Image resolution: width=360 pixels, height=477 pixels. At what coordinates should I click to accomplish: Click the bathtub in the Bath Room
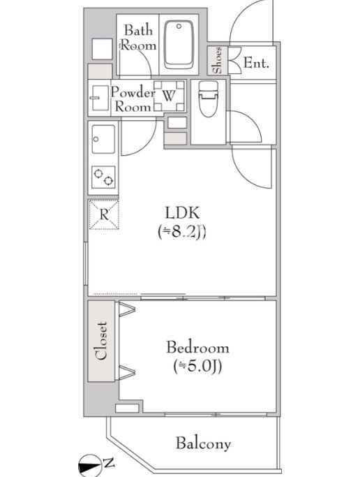point(179,45)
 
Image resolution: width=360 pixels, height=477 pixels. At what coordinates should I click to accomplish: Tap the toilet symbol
point(208,98)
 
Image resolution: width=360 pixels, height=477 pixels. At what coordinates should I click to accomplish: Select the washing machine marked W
point(169,96)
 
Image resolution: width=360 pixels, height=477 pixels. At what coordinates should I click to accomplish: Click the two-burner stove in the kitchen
point(103,177)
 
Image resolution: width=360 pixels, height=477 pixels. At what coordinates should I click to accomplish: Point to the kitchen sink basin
point(103,139)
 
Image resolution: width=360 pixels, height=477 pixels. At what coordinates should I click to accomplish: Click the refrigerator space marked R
point(104,215)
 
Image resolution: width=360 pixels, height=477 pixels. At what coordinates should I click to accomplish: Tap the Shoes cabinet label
point(218,60)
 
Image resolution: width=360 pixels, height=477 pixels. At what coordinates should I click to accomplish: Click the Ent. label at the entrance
point(256,64)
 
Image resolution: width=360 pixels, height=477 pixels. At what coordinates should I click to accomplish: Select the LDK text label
point(182,213)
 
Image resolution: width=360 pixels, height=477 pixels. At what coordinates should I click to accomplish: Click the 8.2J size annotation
point(182,233)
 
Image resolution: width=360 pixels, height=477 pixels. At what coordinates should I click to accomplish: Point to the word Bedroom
point(197,348)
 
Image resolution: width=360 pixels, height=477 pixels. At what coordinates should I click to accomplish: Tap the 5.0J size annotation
point(197,367)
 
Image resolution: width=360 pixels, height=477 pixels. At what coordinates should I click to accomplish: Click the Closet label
point(101,341)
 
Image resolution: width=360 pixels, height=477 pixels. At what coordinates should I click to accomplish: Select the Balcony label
point(203,443)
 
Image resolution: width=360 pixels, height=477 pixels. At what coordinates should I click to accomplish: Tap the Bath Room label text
point(139,38)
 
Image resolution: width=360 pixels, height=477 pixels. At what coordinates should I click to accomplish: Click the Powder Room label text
point(133,99)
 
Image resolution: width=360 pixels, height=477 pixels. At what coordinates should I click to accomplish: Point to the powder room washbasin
point(100,98)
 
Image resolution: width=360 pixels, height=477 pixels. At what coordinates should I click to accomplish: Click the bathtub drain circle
point(179,27)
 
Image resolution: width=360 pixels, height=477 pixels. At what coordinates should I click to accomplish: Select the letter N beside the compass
point(109,464)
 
